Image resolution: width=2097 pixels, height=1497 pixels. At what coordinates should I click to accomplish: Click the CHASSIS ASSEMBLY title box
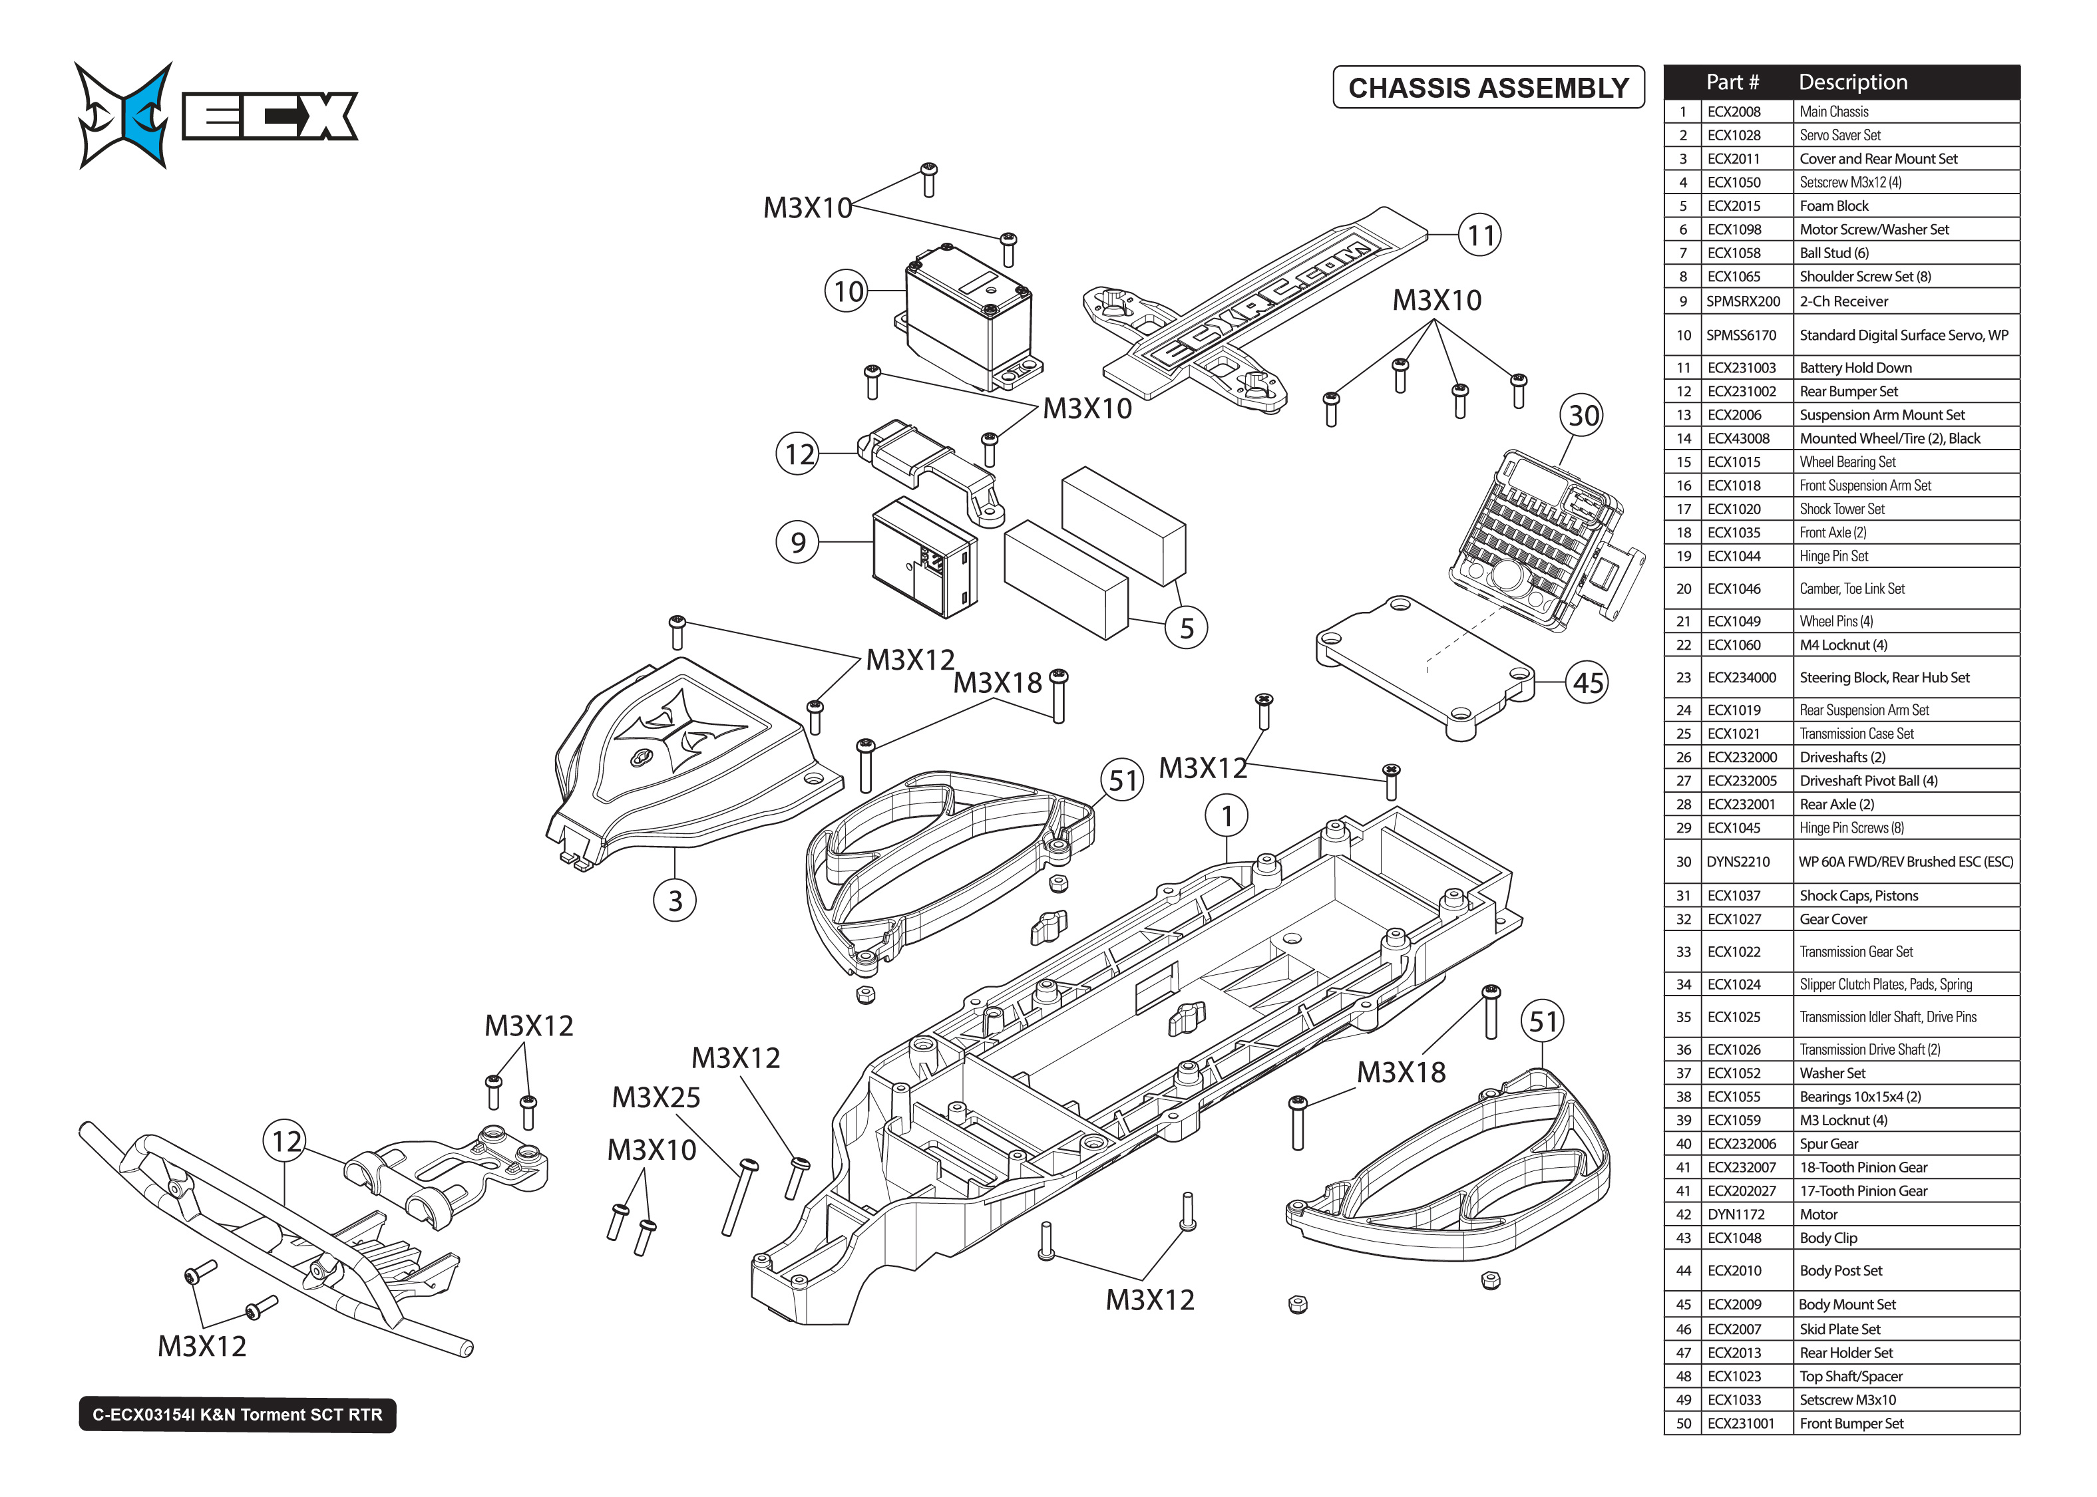[1487, 88]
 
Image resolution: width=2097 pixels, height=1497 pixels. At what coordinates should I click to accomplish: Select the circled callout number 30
[1583, 416]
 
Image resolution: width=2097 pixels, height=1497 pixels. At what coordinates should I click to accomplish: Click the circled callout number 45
[1587, 683]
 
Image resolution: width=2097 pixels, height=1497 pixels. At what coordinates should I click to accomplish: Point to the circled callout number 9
[798, 542]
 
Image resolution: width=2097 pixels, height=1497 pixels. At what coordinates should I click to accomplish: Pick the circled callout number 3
[675, 900]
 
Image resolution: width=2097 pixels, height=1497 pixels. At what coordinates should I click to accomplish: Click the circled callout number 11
[1480, 236]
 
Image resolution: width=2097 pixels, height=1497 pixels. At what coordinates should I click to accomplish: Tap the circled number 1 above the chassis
[1227, 817]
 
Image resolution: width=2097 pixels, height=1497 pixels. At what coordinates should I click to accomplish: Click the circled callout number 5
[1186, 628]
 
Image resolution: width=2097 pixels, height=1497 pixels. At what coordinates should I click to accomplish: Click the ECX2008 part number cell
[1734, 112]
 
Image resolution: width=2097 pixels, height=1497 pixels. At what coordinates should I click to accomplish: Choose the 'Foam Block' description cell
[1833, 206]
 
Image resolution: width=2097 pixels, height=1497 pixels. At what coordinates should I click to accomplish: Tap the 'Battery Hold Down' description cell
[1855, 368]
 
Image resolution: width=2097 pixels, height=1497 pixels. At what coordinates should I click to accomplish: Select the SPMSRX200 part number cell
[1743, 301]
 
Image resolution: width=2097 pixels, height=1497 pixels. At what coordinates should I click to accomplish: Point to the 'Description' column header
[1853, 82]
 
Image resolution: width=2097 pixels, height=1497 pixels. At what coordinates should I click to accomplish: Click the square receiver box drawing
[924, 559]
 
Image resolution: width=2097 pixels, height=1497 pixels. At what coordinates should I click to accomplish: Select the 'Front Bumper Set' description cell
[1851, 1423]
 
